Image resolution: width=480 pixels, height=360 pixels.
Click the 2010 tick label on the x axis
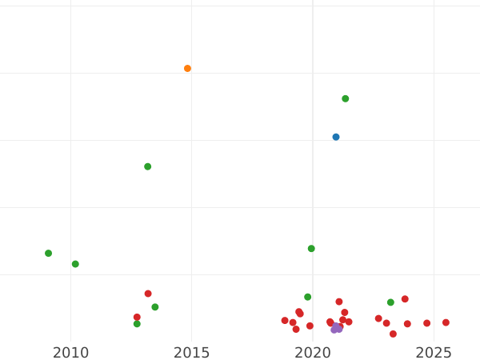point(70,353)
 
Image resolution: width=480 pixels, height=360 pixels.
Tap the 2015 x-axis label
point(192,353)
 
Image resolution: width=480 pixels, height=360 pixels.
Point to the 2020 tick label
point(313,353)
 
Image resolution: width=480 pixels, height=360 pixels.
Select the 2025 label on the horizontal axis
point(434,353)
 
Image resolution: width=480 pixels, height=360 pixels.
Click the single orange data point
point(187,69)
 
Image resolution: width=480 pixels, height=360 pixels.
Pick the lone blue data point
point(336,137)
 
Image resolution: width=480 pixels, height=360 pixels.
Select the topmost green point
point(346,99)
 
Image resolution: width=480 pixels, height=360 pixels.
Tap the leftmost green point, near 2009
point(48,254)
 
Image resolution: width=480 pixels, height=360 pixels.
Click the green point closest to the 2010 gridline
point(75,264)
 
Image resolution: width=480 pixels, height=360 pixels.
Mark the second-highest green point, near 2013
point(148,166)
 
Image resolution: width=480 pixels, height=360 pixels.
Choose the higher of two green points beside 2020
point(311,249)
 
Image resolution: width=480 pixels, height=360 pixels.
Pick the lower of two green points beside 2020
point(307,297)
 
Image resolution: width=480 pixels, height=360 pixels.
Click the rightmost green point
point(390,302)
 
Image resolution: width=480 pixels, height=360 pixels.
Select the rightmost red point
point(446,322)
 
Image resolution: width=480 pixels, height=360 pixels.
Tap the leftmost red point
point(137,317)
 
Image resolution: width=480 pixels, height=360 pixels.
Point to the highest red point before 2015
point(148,294)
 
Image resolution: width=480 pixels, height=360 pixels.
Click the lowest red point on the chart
point(393,334)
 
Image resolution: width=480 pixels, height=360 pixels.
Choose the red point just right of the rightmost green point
point(405,299)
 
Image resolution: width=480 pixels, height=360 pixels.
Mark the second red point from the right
point(426,323)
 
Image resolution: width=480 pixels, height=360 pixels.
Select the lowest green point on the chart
point(137,324)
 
